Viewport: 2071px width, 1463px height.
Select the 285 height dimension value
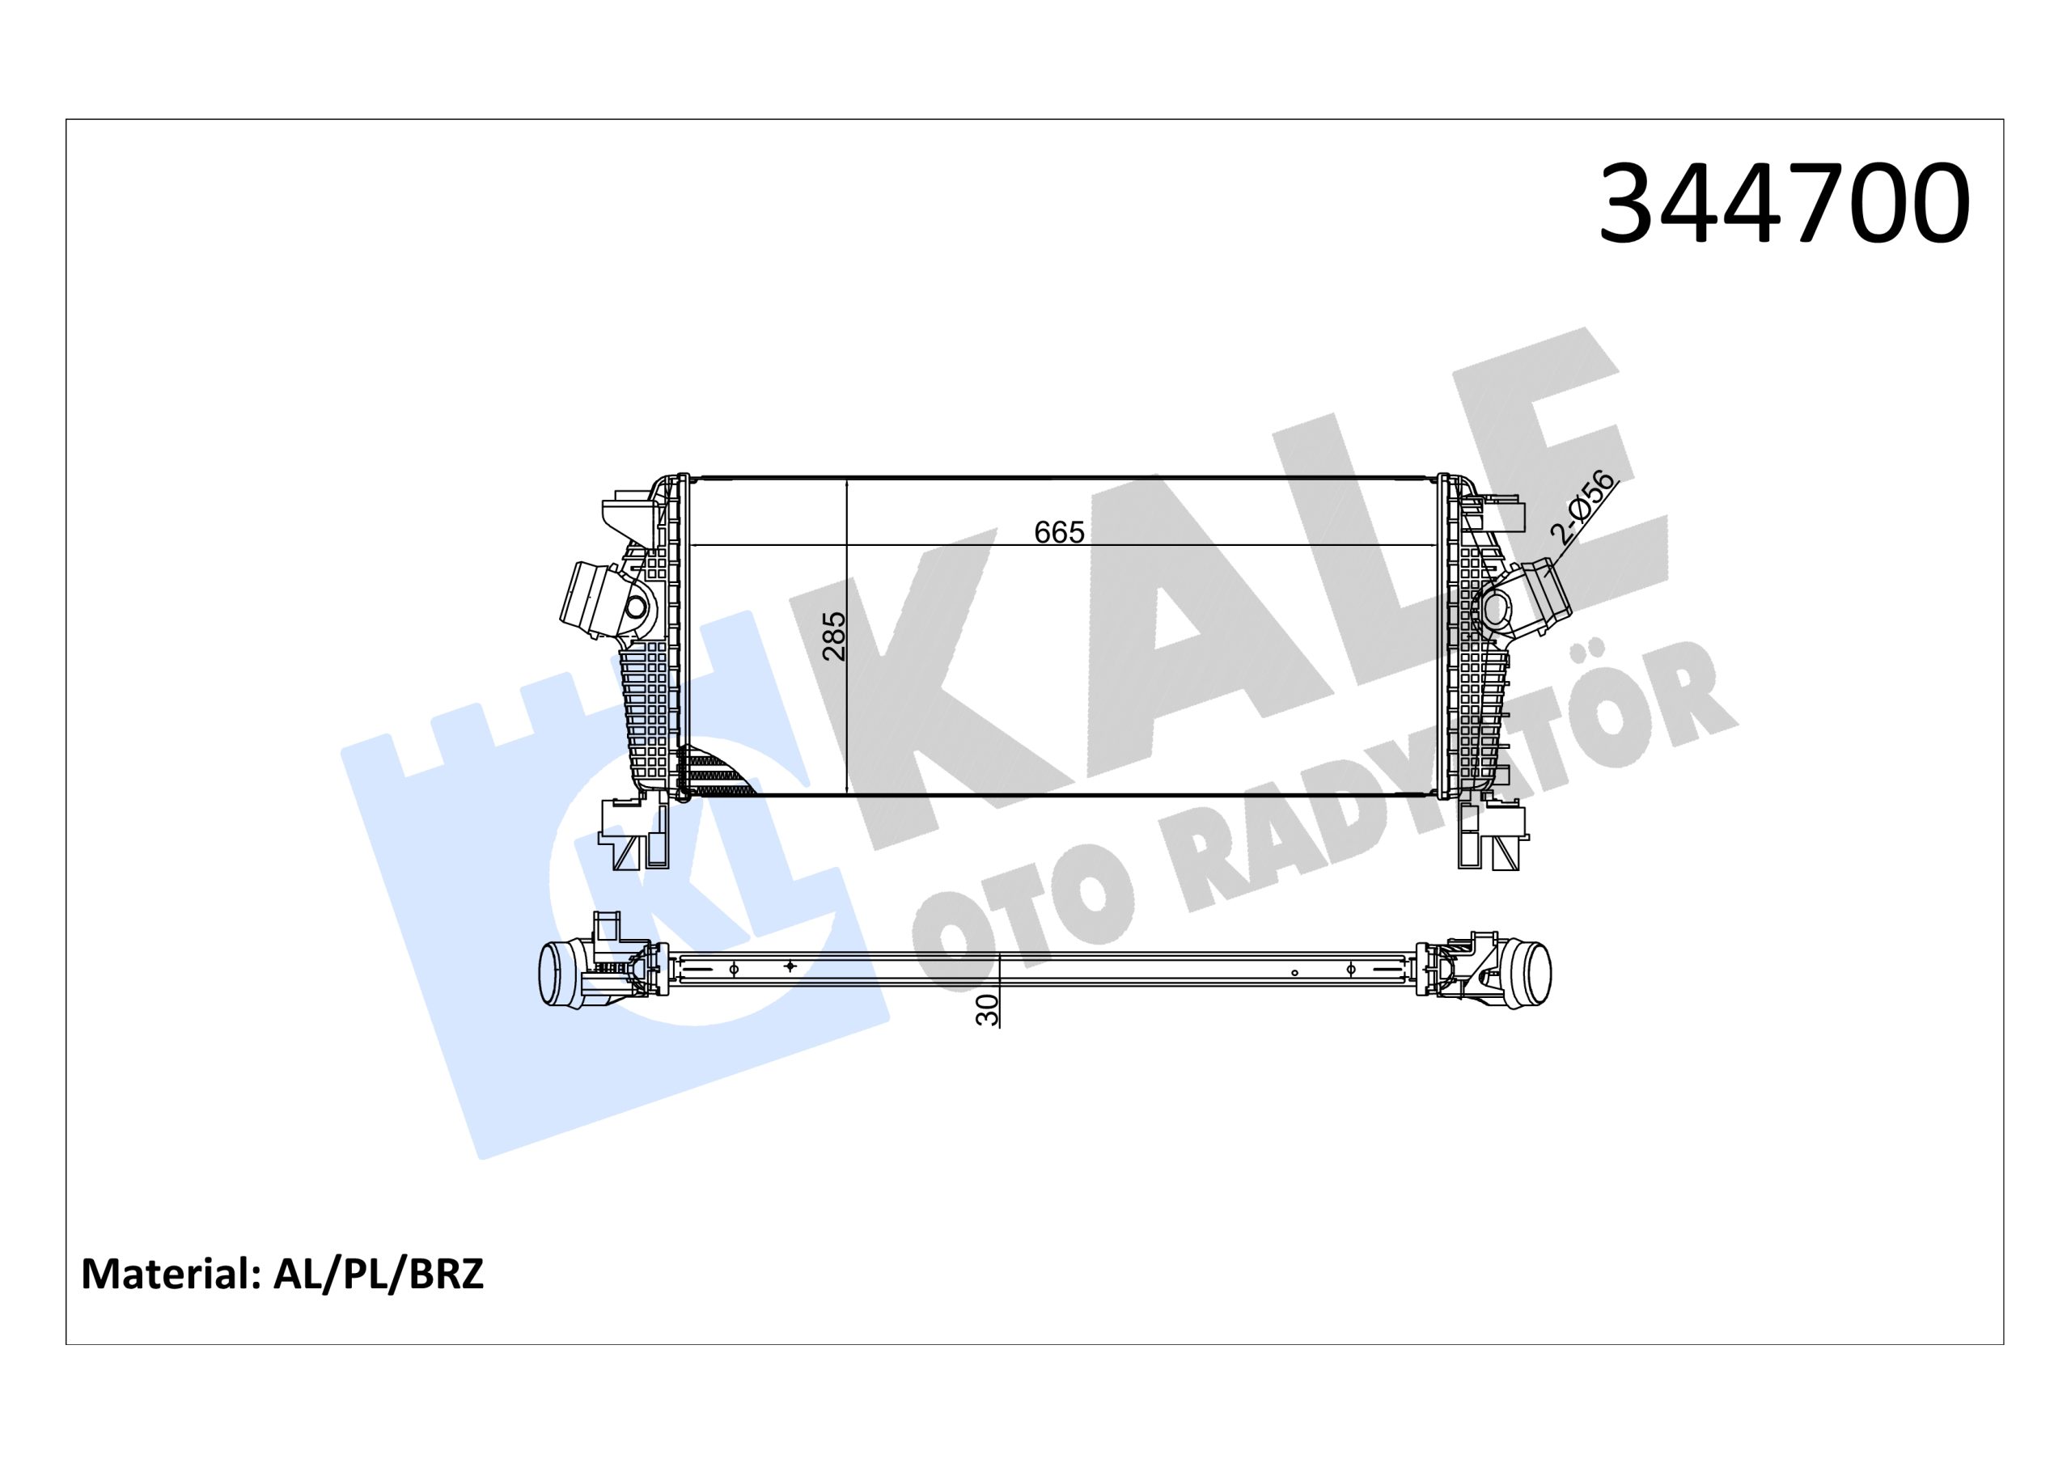point(834,636)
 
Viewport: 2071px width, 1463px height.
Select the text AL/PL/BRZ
point(378,1275)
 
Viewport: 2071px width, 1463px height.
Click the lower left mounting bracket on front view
point(636,835)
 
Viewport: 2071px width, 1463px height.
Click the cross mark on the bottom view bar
point(790,966)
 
